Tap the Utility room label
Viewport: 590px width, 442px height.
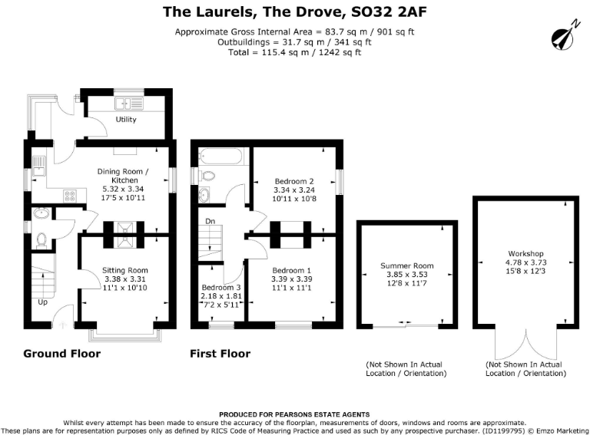(x=126, y=120)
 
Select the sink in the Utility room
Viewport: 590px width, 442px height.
(x=124, y=103)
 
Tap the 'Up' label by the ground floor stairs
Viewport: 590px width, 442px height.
(x=44, y=302)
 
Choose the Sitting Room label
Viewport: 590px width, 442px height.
(x=125, y=270)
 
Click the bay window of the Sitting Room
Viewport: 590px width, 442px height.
(x=125, y=335)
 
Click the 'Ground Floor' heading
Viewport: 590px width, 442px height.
(x=61, y=354)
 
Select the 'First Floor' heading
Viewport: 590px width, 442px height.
(x=220, y=354)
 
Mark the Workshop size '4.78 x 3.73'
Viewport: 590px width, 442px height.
(x=525, y=262)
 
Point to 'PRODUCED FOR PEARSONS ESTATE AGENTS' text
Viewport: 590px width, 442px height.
(x=294, y=414)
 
